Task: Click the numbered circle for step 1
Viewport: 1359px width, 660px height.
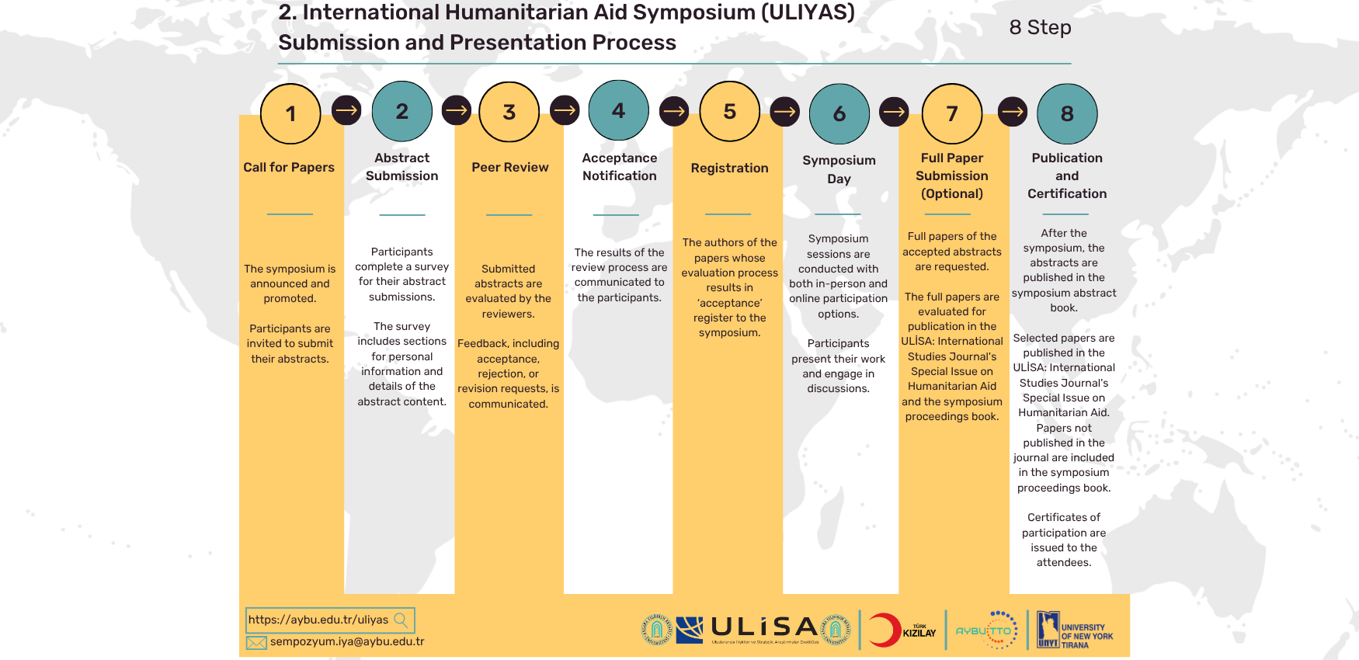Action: point(290,113)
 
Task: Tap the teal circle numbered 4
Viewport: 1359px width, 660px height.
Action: point(619,110)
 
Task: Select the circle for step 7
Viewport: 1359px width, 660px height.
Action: point(952,113)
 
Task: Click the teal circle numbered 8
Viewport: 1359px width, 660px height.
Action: point(1067,113)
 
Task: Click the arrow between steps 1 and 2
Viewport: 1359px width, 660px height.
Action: point(346,110)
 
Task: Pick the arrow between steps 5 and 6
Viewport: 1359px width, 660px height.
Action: point(785,112)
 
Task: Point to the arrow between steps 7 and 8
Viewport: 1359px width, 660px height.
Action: point(1013,112)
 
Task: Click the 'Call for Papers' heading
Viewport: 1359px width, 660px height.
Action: point(289,167)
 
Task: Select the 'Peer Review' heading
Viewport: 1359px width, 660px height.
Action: point(510,167)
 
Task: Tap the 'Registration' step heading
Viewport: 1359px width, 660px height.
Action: point(730,168)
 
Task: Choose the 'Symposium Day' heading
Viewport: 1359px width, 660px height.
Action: point(839,169)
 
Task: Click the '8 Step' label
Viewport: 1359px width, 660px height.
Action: point(1041,27)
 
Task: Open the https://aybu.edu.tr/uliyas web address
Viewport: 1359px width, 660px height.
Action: point(318,620)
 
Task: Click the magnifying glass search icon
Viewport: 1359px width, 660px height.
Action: point(401,620)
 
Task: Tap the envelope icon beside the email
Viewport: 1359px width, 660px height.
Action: point(256,642)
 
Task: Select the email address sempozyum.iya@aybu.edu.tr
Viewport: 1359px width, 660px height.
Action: point(347,642)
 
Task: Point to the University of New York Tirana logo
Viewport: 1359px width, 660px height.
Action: point(1075,630)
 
